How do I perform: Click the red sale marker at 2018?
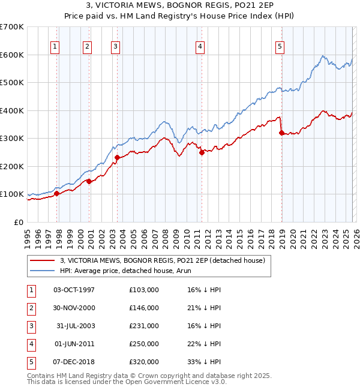tap(281, 133)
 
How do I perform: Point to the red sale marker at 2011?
tap(202, 152)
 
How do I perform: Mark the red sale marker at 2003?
tap(117, 158)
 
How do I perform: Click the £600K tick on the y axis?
tap(12, 55)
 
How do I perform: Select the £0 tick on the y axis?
tap(18, 222)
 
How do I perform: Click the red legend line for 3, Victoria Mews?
tap(43, 260)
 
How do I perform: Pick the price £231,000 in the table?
tap(144, 326)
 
